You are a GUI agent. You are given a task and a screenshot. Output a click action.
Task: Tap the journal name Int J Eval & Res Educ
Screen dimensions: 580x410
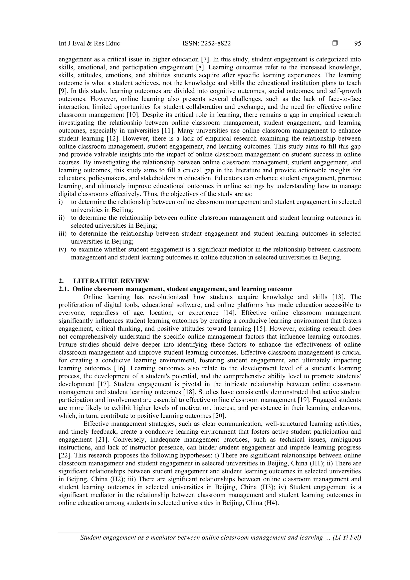point(89,43)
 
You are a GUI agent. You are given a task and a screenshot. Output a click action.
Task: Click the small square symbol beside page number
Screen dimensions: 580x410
point(335,43)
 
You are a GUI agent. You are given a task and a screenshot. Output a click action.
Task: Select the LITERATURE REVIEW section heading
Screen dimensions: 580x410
point(111,281)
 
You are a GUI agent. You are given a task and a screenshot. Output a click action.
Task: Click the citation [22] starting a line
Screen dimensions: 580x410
point(64,455)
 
